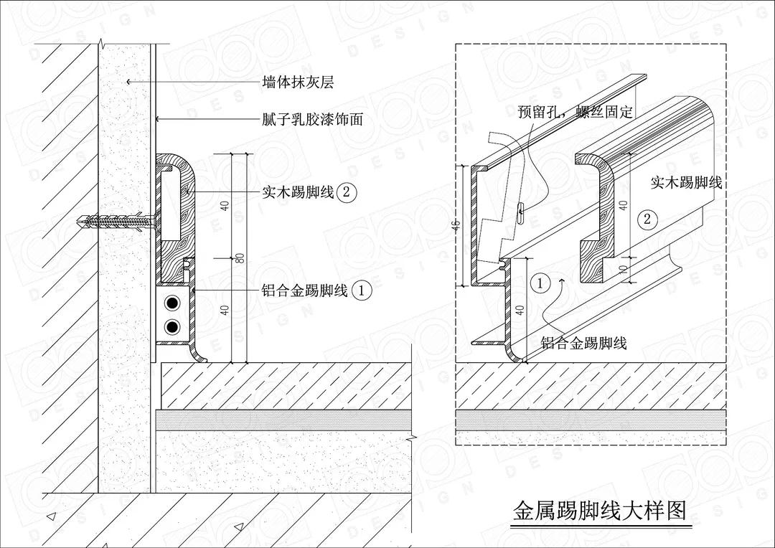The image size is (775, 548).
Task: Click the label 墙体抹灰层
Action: click(298, 82)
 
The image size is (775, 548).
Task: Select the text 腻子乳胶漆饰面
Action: click(312, 119)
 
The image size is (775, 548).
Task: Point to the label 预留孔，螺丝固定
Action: click(576, 112)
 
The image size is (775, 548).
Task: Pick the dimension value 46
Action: click(456, 225)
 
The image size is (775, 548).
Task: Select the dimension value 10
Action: click(624, 269)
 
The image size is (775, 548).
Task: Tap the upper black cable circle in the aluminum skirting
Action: click(172, 303)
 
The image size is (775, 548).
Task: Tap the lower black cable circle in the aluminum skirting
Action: click(172, 326)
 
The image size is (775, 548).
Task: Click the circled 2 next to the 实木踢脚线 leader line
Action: click(346, 192)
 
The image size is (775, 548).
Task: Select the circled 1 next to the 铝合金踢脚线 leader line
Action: click(362, 290)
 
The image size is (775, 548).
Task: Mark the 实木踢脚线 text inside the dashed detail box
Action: click(687, 182)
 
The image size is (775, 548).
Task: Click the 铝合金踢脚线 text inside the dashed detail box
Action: click(583, 342)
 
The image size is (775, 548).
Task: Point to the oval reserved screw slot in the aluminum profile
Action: click(521, 210)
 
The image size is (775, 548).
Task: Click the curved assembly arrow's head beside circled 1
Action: click(561, 280)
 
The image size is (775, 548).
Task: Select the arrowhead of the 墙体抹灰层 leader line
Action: click(129, 81)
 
